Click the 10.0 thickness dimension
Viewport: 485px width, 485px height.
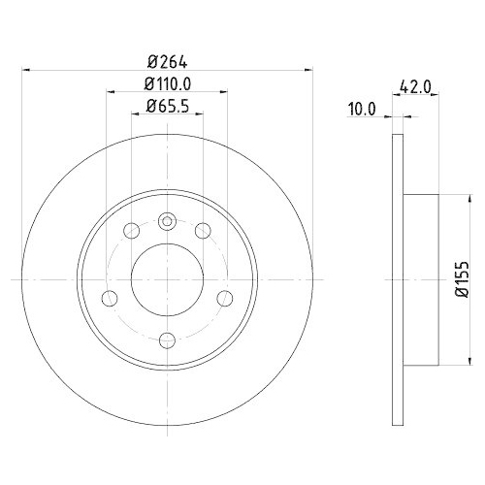(x=361, y=111)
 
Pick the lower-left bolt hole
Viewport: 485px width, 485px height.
(x=110, y=297)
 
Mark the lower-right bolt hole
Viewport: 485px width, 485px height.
(x=224, y=297)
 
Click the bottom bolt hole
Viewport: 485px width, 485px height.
(x=167, y=339)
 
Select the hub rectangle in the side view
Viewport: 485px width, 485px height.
(x=421, y=279)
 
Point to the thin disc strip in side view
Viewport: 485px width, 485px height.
(x=398, y=279)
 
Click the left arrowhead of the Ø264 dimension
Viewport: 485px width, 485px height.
(x=25, y=69)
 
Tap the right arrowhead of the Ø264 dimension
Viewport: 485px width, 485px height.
(x=307, y=69)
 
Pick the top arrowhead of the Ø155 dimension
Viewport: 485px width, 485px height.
(x=446, y=199)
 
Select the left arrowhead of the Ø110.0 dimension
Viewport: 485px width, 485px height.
(x=110, y=92)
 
